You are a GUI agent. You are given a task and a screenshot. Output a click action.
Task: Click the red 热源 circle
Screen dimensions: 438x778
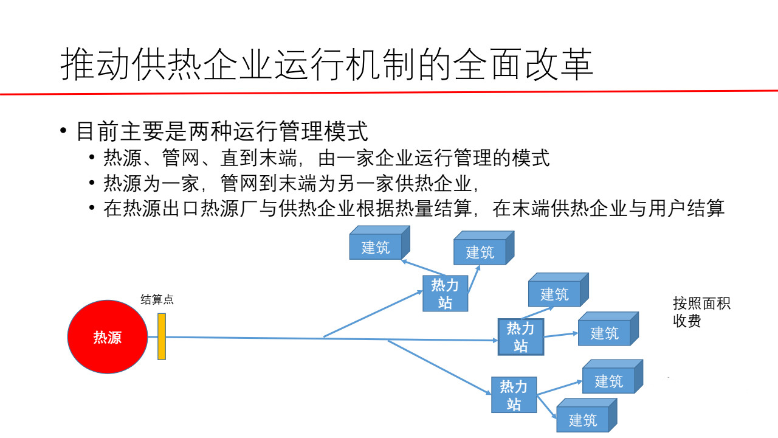point(107,336)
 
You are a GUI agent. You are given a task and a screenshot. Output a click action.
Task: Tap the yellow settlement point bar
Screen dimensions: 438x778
point(162,336)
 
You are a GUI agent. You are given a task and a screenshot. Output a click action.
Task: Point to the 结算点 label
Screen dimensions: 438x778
point(157,299)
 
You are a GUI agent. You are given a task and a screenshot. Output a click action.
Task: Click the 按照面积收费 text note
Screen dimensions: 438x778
point(701,312)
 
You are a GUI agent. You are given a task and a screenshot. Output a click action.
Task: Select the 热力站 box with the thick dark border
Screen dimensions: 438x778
point(520,337)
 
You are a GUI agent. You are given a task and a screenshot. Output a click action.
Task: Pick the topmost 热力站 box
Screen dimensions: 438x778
point(445,293)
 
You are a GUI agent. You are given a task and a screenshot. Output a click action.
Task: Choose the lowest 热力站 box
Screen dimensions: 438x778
point(514,395)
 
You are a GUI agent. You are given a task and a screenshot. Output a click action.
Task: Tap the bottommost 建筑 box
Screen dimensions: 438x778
point(582,420)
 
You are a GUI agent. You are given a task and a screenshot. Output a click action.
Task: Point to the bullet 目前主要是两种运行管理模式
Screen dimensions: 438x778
point(221,131)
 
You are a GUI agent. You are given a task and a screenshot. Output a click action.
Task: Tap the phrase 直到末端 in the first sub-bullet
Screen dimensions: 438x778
point(258,159)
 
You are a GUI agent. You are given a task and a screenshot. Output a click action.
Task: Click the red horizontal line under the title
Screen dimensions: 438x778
point(389,93)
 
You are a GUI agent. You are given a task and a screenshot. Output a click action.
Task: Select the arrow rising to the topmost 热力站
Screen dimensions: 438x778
point(374,314)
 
